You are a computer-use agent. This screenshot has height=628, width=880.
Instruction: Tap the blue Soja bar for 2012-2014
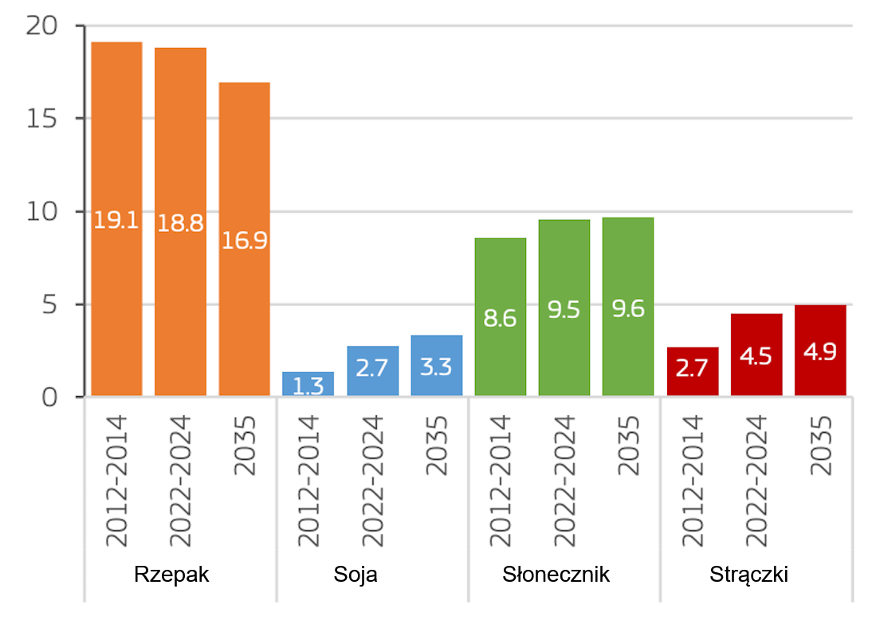click(308, 384)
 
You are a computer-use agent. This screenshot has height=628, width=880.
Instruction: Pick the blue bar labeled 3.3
click(437, 366)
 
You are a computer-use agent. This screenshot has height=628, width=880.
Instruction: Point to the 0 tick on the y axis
click(49, 397)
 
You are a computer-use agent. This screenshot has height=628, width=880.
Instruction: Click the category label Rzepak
click(172, 575)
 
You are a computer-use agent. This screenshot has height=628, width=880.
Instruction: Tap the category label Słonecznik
click(556, 575)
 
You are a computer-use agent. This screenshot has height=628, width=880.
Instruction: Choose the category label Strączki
click(748, 575)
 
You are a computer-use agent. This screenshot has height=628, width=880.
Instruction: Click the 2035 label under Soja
click(437, 445)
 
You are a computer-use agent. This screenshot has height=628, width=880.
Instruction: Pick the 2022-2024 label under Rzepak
click(181, 481)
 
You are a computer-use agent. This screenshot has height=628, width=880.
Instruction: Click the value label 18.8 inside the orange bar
click(180, 223)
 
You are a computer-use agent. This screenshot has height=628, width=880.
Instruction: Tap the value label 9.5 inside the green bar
click(564, 311)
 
